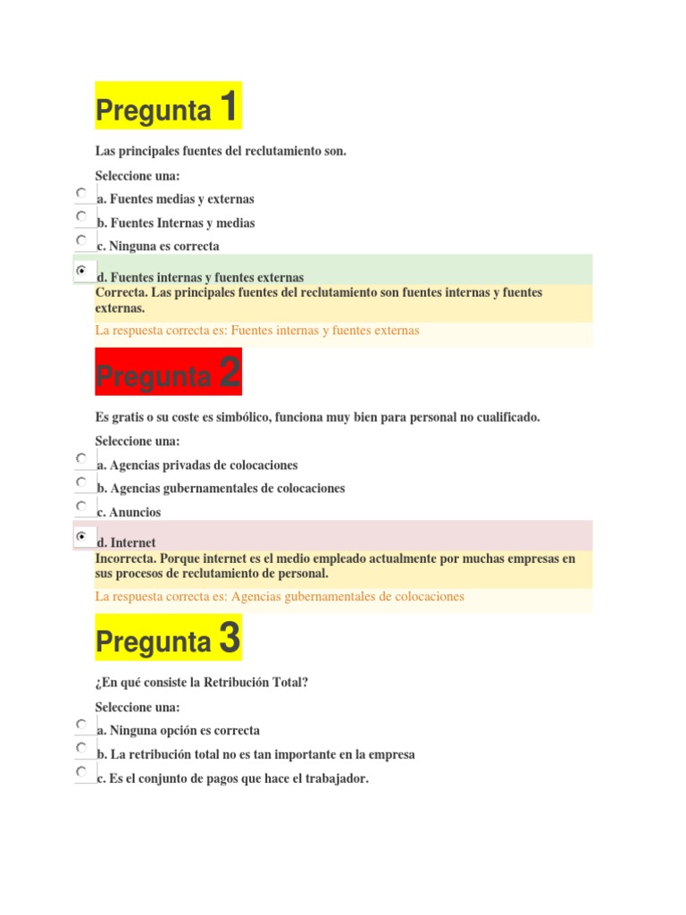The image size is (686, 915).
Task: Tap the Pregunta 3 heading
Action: tap(168, 639)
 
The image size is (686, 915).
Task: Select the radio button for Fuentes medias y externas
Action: tap(81, 192)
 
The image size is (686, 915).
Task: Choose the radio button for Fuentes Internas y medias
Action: tap(81, 216)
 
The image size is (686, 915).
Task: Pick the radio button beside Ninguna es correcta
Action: tap(81, 239)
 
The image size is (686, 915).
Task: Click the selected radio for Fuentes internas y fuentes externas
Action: tap(81, 270)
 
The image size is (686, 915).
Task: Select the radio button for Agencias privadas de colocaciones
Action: tap(81, 458)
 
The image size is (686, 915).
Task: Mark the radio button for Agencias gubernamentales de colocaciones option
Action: tap(81, 482)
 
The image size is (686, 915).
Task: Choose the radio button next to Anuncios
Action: tap(81, 506)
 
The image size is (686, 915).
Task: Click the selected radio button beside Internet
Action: tap(81, 536)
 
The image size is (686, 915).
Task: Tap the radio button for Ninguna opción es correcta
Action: tap(81, 724)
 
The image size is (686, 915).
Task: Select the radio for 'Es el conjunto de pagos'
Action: tap(81, 770)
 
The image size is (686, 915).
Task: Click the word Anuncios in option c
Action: tap(135, 513)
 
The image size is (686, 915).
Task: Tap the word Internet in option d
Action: tap(133, 542)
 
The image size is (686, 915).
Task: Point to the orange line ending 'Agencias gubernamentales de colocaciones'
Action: tap(280, 596)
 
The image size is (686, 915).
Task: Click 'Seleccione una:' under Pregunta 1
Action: tap(138, 175)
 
